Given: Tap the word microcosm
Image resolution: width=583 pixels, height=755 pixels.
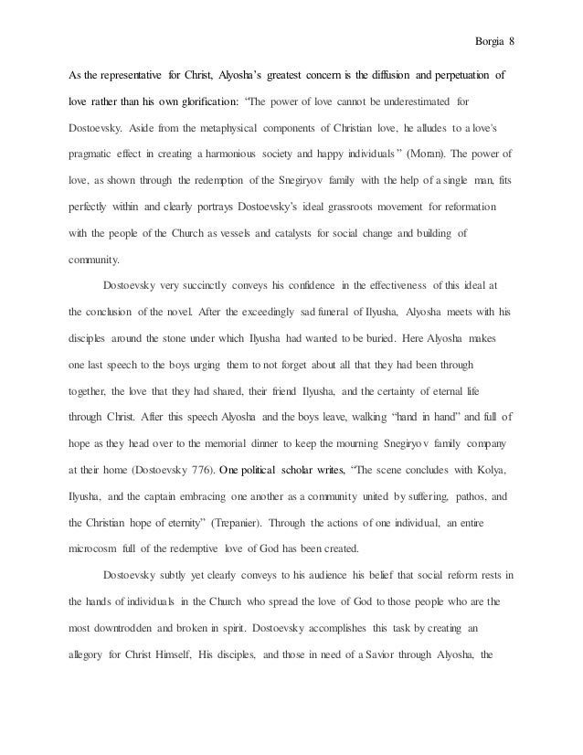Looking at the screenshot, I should pos(99,549).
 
